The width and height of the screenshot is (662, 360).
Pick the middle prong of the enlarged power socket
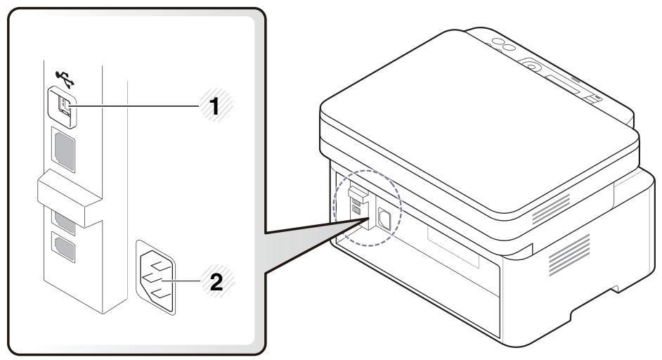click(156, 276)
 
